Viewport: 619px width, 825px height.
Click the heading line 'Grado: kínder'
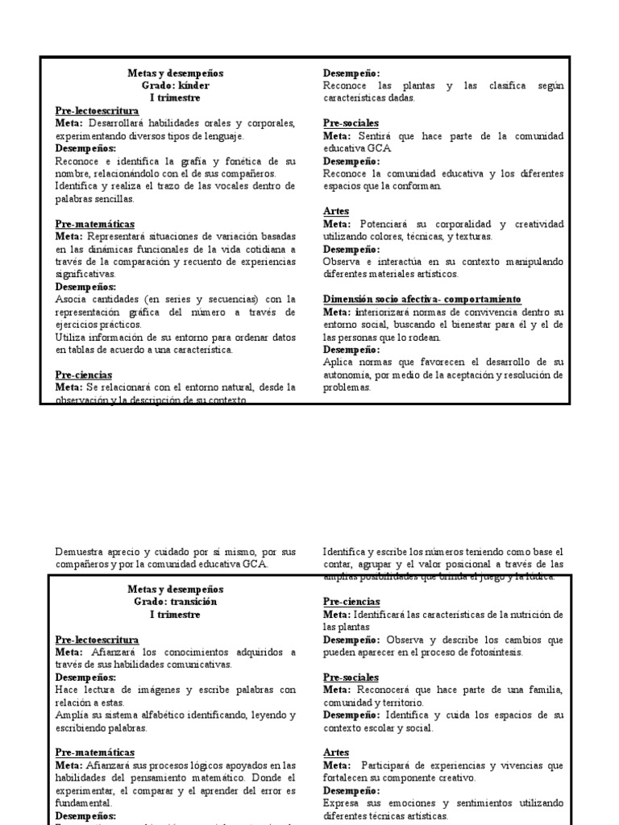(x=175, y=85)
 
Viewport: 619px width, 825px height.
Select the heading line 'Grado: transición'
(x=175, y=602)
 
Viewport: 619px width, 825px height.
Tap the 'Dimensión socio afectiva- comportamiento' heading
(x=422, y=299)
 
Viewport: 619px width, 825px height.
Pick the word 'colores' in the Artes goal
(x=395, y=236)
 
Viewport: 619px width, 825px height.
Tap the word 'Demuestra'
(x=81, y=552)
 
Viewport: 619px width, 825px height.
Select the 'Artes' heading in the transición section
(x=337, y=752)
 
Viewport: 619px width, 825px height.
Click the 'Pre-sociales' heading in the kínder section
(x=351, y=123)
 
